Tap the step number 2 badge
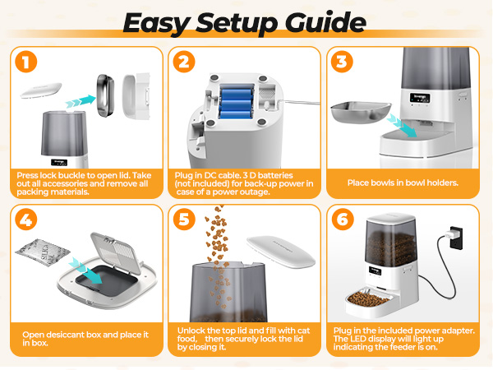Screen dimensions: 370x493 coord(185,62)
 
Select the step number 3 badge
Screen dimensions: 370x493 coord(342,62)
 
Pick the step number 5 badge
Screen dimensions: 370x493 coord(185,220)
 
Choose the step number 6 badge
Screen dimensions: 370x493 coord(342,220)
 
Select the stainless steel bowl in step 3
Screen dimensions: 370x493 coord(360,111)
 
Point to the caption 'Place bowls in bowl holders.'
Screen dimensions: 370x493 coord(403,183)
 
